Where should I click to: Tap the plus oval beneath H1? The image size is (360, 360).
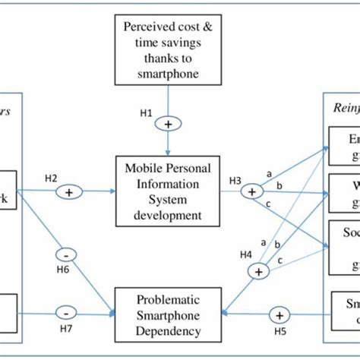[164, 122]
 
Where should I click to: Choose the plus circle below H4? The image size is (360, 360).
[261, 271]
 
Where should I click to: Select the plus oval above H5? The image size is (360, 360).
[279, 314]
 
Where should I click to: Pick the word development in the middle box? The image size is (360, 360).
[164, 215]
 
